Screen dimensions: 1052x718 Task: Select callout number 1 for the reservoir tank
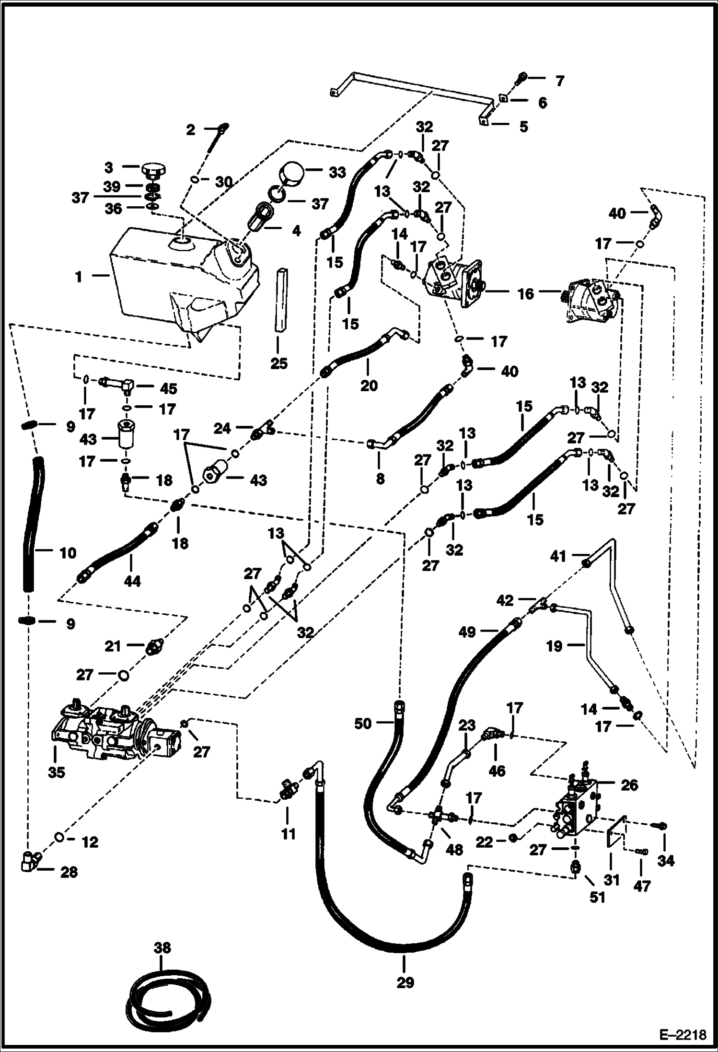coord(79,277)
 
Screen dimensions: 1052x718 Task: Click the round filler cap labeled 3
coord(152,170)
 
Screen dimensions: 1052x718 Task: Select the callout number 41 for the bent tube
coord(558,556)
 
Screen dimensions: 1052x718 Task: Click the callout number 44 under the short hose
coord(132,581)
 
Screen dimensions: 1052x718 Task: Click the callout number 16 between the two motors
coord(525,293)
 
